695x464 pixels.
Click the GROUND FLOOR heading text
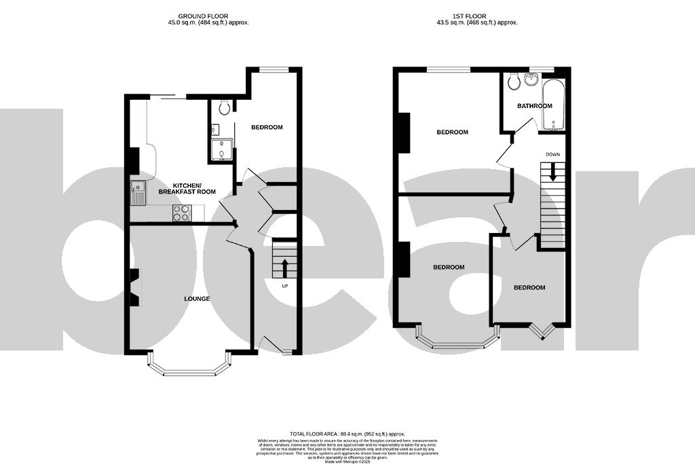tap(203, 16)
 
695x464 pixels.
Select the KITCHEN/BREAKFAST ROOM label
tap(187, 189)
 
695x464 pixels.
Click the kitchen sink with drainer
tap(138, 194)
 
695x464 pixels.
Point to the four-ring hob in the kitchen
tap(181, 213)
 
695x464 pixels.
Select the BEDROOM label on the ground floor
tap(267, 128)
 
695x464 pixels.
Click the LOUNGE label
tap(196, 299)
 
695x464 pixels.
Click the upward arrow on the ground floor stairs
tap(284, 268)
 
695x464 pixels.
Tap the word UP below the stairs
tap(286, 285)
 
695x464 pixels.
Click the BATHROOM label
tap(535, 106)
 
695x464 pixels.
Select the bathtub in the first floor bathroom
tap(554, 105)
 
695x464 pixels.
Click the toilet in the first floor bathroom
tap(513, 82)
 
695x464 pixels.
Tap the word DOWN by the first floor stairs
tap(553, 155)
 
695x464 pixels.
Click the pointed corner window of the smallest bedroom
tap(541, 331)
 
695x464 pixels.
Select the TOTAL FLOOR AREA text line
tap(347, 433)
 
